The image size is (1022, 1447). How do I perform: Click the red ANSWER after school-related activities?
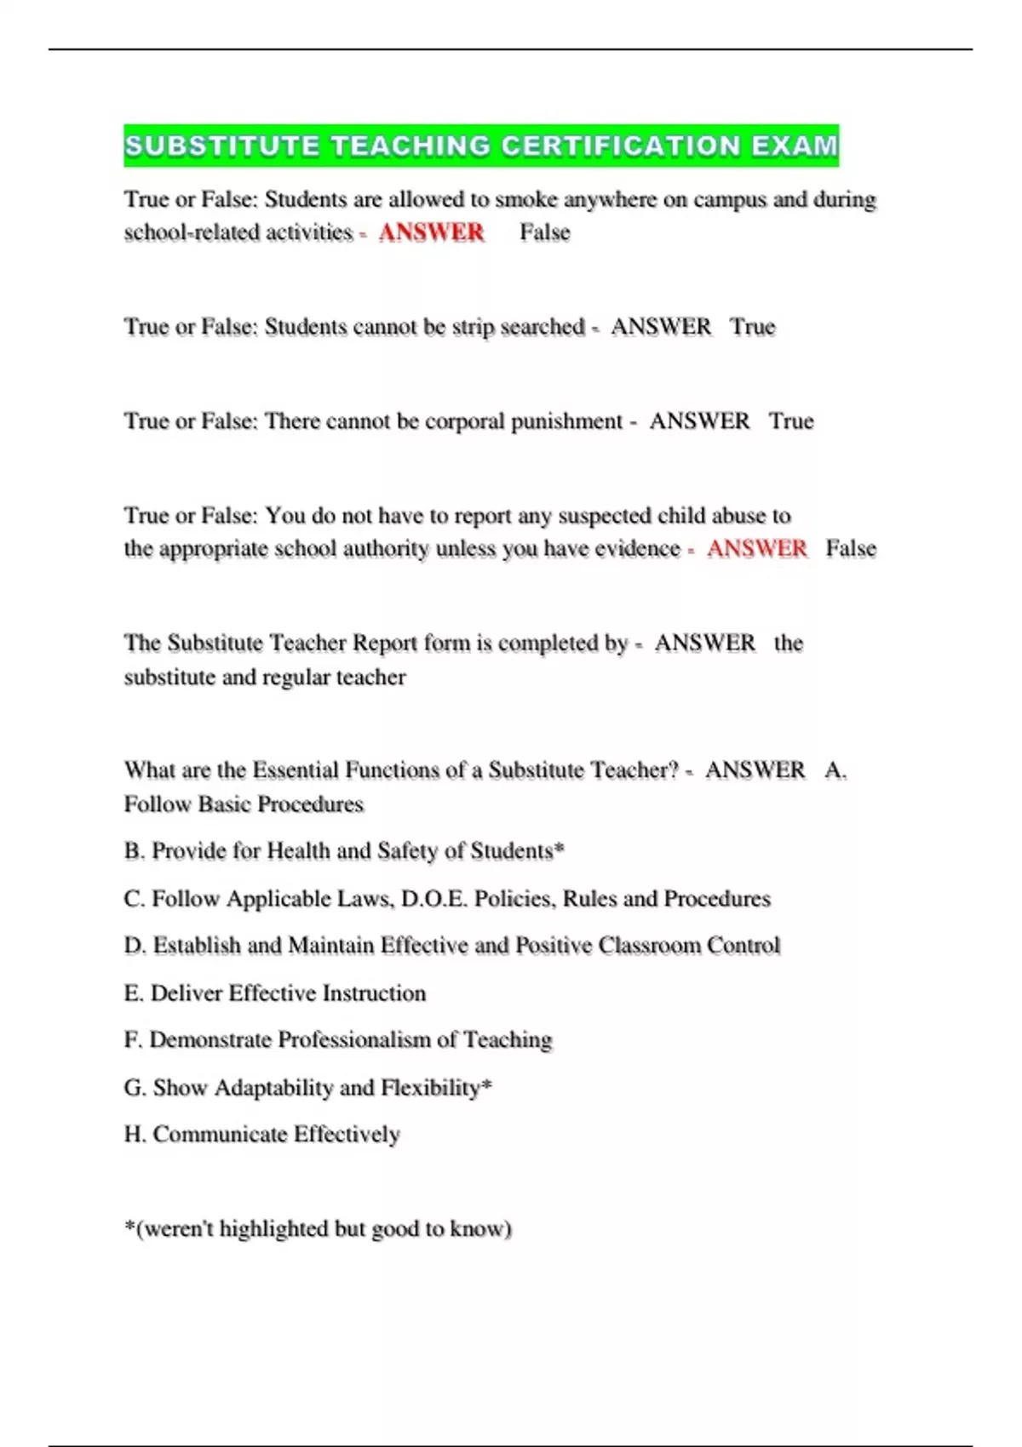(x=431, y=232)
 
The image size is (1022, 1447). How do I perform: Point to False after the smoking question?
(x=545, y=232)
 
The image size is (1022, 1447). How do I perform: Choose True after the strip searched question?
(x=753, y=327)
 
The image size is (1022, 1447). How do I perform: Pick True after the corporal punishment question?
(x=791, y=421)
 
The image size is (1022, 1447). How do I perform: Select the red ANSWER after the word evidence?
(x=756, y=549)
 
